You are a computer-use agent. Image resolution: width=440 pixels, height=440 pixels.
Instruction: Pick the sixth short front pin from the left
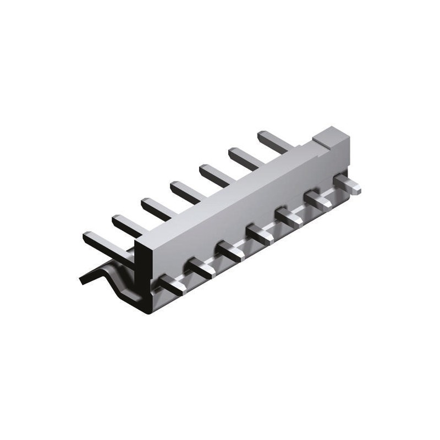pos(321,201)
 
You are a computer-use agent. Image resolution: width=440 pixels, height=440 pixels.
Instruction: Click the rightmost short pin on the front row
pos(350,184)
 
